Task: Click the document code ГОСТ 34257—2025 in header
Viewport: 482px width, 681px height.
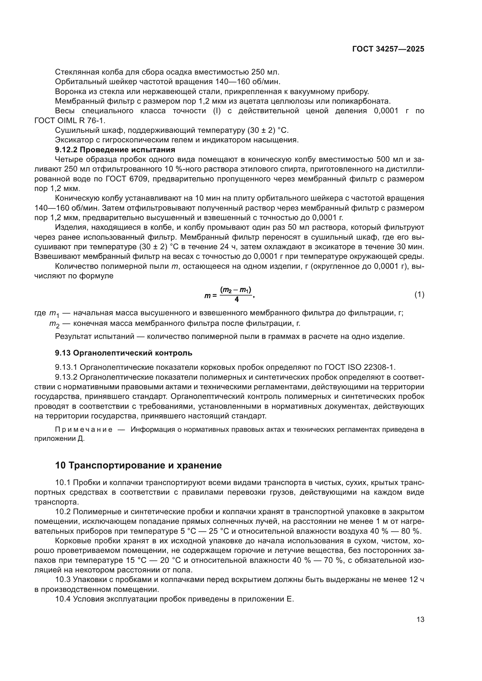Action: tap(388, 49)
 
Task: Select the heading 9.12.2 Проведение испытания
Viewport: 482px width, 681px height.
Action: tap(115, 149)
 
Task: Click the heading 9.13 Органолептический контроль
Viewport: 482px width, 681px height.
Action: tap(124, 353)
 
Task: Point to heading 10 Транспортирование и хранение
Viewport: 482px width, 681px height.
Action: tap(138, 465)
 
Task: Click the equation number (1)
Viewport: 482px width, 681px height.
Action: tap(419, 295)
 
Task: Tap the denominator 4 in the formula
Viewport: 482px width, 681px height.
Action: tap(236, 300)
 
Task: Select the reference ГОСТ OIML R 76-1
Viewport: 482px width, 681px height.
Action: tap(70, 121)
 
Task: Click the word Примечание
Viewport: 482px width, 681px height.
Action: tap(84, 430)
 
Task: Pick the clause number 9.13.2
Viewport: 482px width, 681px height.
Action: tap(66, 377)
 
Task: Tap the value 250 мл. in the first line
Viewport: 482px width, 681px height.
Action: tap(265, 72)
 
